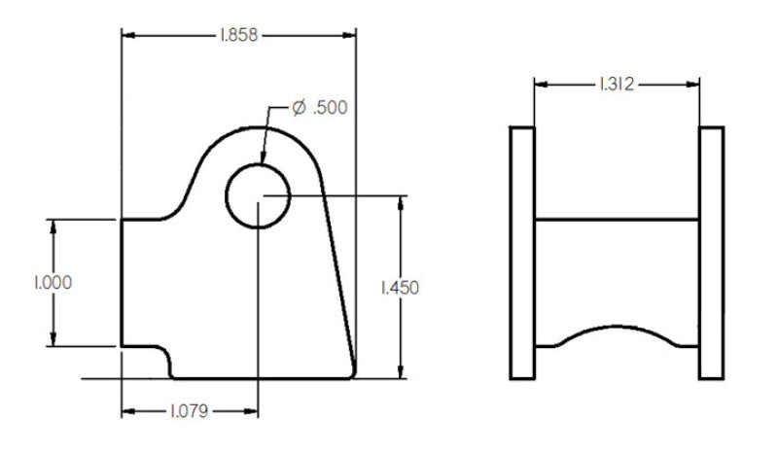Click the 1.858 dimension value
(238, 35)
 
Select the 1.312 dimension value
(616, 85)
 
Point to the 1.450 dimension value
(400, 288)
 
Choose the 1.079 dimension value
(190, 411)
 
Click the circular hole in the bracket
(258, 195)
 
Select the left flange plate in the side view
(522, 253)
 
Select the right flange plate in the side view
(712, 253)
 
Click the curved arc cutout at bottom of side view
(616, 330)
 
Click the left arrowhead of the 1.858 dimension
(127, 35)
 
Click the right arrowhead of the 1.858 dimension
(349, 35)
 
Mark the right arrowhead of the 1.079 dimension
(251, 411)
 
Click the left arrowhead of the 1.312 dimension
(541, 85)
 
